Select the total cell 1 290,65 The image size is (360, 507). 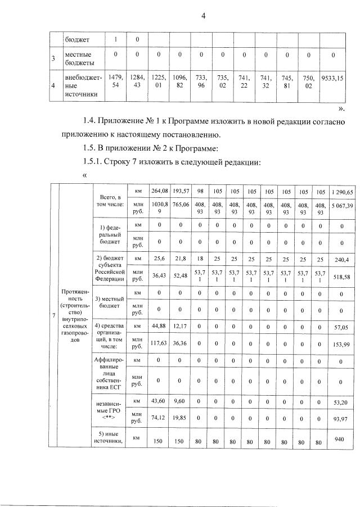pos(343,192)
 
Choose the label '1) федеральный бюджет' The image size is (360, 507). pos(110,234)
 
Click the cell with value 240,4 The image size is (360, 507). pos(343,261)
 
